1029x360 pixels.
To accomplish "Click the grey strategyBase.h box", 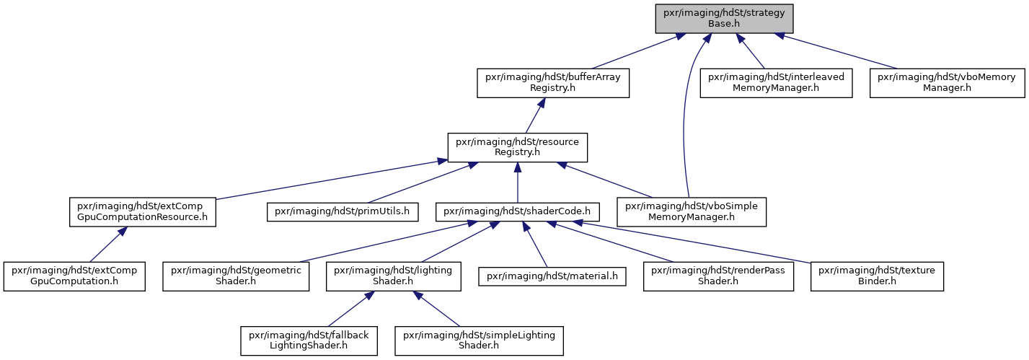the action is [724, 18].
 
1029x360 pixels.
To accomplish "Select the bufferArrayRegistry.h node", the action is [552, 83].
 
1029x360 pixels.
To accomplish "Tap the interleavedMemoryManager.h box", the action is [776, 83].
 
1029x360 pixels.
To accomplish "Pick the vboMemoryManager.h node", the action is [947, 83].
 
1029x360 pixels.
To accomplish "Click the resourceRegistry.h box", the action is [517, 147].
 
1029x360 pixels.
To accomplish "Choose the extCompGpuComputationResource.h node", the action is [142, 211].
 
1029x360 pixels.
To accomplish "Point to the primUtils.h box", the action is [343, 211].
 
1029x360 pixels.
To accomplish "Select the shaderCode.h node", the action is [517, 211].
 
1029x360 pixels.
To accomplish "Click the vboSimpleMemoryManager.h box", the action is [692, 211].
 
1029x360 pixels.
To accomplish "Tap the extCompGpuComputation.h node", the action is [74, 276].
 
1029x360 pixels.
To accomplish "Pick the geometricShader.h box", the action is [236, 276].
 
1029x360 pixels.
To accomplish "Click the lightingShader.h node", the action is [393, 276].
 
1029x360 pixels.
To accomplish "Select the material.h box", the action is [552, 276].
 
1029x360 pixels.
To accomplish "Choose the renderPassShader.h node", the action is [718, 276].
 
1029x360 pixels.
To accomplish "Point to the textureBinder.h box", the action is [877, 276].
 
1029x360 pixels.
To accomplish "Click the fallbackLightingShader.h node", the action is [309, 341].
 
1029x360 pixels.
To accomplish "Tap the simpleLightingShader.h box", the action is [479, 341].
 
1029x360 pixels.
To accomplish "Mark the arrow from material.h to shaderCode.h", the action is [535, 244].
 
